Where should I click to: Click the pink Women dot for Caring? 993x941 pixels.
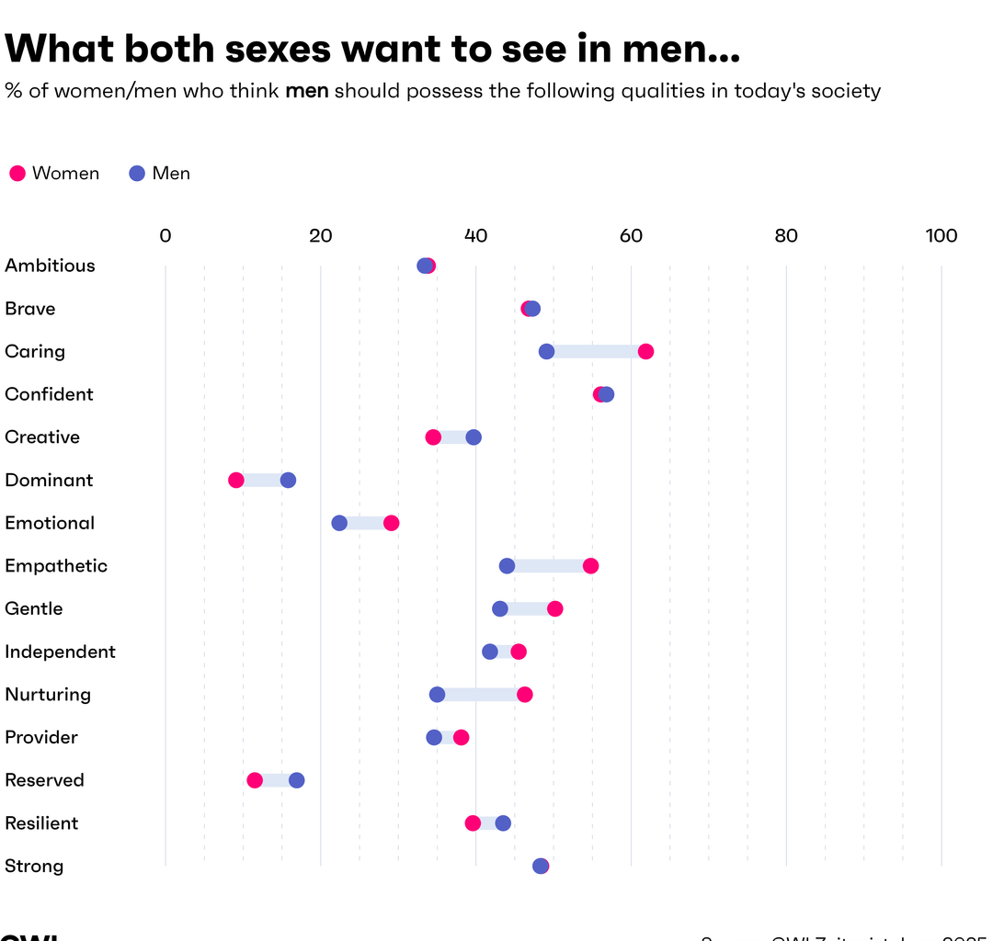coord(645,351)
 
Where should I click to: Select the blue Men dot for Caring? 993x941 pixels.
coord(546,351)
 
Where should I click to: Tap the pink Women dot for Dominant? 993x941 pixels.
coord(236,480)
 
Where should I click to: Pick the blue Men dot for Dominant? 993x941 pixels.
coord(288,480)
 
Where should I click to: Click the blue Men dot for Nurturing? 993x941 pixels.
coord(437,695)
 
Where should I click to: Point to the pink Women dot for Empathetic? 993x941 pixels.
coord(590,566)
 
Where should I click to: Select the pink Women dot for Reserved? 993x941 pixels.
coord(255,780)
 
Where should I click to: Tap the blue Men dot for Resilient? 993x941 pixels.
coord(503,823)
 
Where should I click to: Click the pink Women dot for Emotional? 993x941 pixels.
coord(391,523)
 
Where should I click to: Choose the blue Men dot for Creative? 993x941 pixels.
coord(474,437)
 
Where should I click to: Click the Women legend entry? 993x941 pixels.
coord(55,174)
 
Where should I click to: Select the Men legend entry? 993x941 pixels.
coord(161,174)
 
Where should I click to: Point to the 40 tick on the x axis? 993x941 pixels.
coord(475,236)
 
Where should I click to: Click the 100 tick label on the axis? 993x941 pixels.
coord(941,236)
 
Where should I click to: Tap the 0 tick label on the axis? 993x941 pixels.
coord(165,236)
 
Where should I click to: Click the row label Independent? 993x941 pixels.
coord(60,652)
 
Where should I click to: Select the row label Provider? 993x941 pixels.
coord(41,738)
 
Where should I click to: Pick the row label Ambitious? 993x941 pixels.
coord(50,266)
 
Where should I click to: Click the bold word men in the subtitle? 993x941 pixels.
coord(307,91)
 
